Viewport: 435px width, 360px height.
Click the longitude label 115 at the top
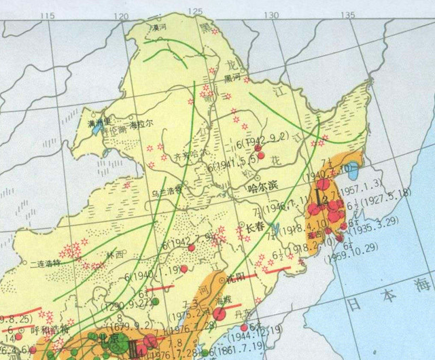click(x=47, y=16)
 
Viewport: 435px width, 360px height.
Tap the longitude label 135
click(x=348, y=16)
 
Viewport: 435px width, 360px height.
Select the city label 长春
click(x=256, y=227)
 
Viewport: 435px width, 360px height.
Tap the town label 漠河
click(x=158, y=28)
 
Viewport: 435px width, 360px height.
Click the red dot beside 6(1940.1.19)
click(x=184, y=270)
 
